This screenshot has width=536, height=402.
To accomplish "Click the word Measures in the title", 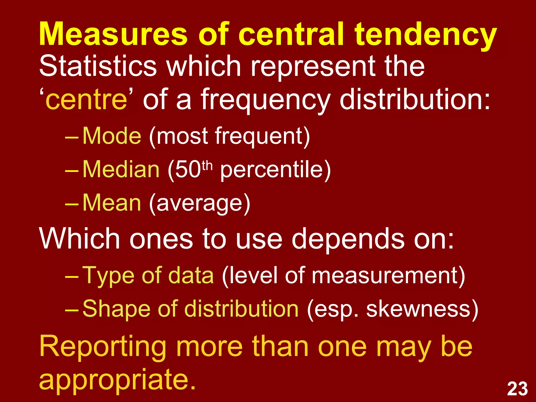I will click(113, 34).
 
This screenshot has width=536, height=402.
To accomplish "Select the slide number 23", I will click(517, 389).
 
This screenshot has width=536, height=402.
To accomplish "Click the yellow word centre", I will click(86, 100).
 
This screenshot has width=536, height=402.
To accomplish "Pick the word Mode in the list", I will click(112, 136).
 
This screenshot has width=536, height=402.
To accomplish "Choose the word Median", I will click(121, 169).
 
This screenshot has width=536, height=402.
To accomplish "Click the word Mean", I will click(112, 203).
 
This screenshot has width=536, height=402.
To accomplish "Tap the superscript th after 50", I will click(207, 165).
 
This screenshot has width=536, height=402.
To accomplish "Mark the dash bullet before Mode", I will click(71, 137).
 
